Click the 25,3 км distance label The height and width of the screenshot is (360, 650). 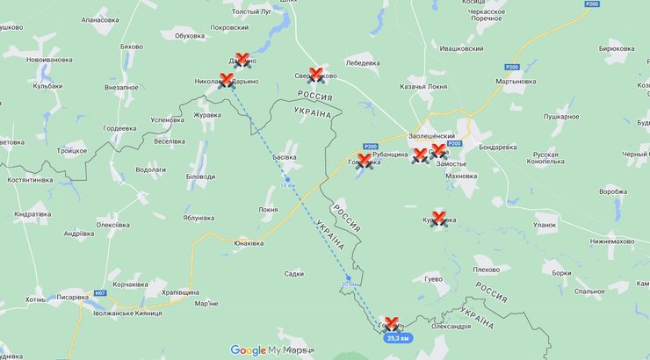click(398, 338)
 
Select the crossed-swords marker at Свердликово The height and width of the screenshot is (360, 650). click(317, 75)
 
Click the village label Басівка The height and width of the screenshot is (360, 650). click(285, 157)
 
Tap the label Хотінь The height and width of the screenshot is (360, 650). click(36, 299)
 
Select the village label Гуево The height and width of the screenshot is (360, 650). click(433, 278)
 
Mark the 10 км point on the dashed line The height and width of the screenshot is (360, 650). click(286, 180)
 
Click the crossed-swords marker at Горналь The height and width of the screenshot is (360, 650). click(392, 323)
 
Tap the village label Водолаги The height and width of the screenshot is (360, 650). click(151, 169)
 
